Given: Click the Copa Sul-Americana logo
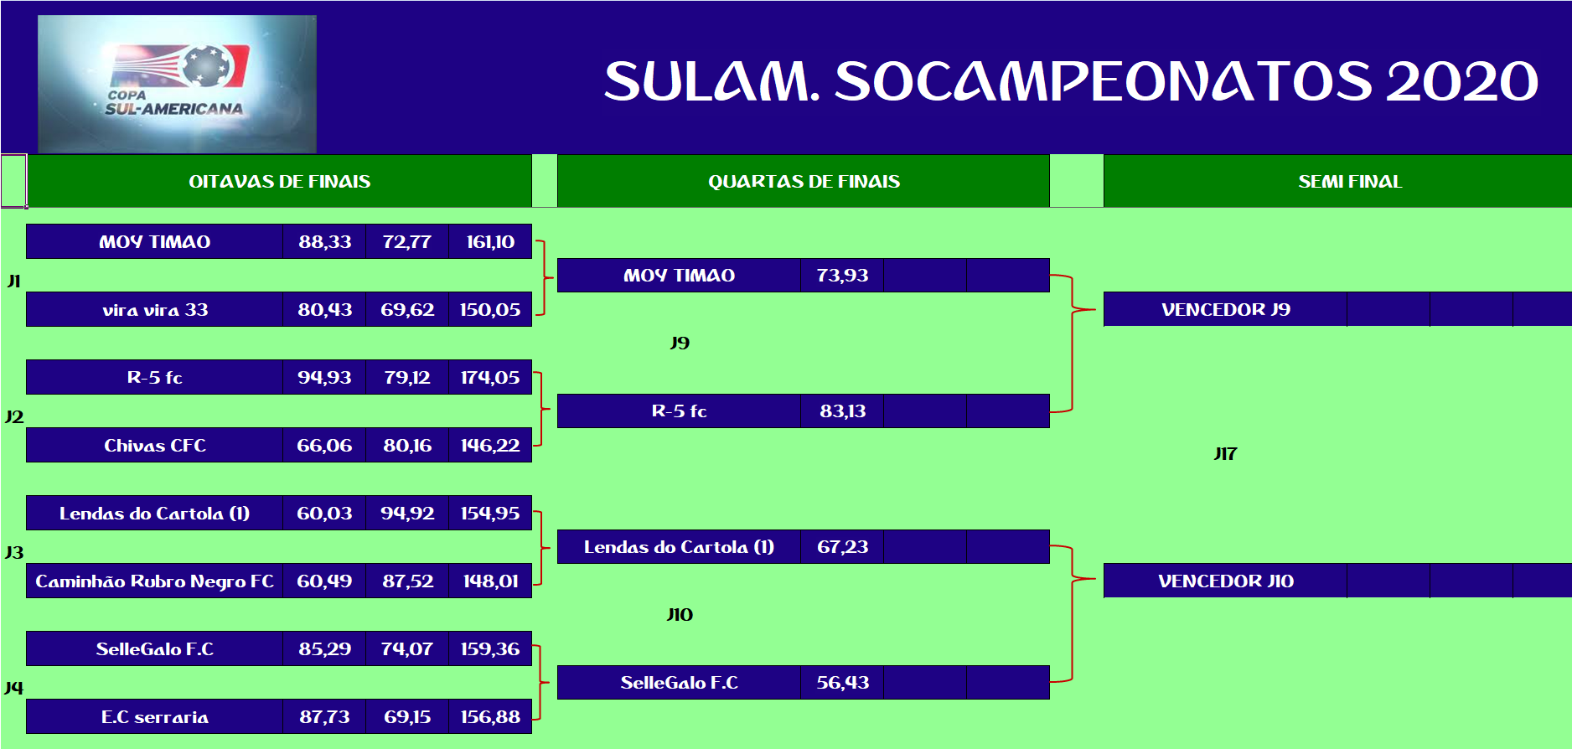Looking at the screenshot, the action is [177, 84].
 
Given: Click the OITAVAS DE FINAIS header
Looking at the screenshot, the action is [279, 181].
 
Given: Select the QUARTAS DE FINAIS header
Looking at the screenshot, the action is [804, 181].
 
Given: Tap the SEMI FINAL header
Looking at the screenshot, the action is [1349, 181].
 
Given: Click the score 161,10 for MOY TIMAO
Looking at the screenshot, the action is [490, 242].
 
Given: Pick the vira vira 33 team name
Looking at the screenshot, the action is [155, 310].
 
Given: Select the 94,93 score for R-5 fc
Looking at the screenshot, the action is [324, 378].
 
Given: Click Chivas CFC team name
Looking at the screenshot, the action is [155, 446].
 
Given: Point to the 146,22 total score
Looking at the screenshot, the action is [490, 446].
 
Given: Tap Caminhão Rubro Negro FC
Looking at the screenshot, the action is [155, 581].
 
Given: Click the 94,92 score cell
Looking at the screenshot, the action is [407, 514].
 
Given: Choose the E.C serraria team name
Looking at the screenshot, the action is [155, 717].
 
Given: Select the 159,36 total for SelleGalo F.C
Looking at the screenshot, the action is [490, 649].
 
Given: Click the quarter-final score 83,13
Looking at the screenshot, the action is [843, 411].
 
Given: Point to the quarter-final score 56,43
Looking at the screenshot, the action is [843, 683].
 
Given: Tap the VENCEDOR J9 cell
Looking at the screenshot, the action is [1225, 309].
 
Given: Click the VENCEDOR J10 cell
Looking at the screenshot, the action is [1225, 581].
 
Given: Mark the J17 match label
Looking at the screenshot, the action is [1225, 454].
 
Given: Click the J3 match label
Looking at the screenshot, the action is [14, 553].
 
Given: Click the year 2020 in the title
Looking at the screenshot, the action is [1462, 81].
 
